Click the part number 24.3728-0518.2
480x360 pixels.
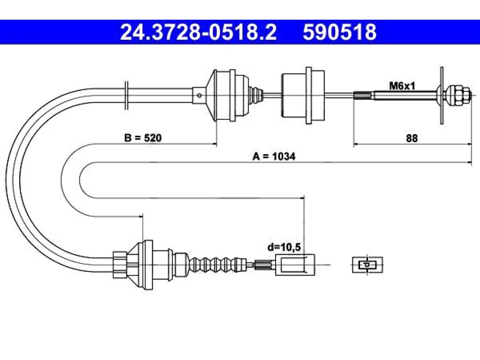(198, 32)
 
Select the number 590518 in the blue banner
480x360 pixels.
(339, 32)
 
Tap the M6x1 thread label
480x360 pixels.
(402, 86)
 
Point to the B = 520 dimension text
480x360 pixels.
(142, 138)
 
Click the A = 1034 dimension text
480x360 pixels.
(274, 157)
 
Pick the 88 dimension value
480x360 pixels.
(412, 138)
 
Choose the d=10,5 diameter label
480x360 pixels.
(284, 247)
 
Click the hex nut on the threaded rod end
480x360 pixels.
(458, 95)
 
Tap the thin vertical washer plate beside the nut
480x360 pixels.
(442, 95)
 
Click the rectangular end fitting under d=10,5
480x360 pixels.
(295, 265)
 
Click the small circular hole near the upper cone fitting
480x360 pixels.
(199, 96)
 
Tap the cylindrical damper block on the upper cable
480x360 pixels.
(303, 96)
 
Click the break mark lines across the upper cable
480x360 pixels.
(127, 95)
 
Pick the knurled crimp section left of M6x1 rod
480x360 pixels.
(364, 95)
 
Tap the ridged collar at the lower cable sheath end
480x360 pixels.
(120, 264)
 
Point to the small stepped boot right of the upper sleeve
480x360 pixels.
(255, 95)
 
